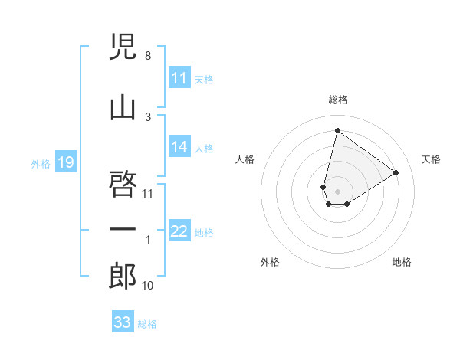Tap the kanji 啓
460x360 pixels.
click(x=123, y=185)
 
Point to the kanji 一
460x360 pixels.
click(x=123, y=230)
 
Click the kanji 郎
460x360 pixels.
click(x=123, y=277)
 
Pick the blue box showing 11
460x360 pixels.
click(x=179, y=78)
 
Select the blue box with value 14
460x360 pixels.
click(x=179, y=148)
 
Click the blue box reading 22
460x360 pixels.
click(x=179, y=232)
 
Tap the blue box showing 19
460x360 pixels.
click(x=66, y=162)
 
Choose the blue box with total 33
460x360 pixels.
click(x=123, y=322)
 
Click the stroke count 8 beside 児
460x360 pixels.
click(x=147, y=56)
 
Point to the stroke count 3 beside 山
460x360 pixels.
click(x=147, y=117)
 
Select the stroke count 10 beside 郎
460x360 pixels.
click(x=148, y=286)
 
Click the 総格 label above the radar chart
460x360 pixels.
click(x=337, y=100)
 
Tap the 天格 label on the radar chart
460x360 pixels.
click(x=431, y=159)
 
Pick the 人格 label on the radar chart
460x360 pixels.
click(x=245, y=159)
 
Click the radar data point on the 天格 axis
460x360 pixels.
click(x=396, y=172)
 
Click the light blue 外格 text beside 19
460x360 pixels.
click(x=40, y=163)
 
